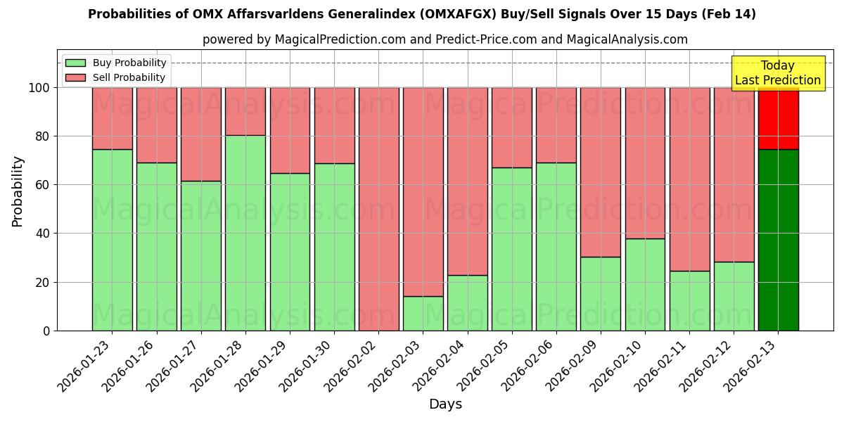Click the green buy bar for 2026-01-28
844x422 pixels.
click(245, 233)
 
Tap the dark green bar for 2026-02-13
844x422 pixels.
click(778, 240)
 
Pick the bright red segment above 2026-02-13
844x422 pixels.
click(778, 119)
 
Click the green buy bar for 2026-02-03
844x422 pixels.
click(423, 313)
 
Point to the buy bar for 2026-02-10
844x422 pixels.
click(645, 284)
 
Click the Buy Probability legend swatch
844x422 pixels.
click(75, 63)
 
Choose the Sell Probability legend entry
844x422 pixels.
click(129, 78)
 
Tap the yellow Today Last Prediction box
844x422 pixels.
click(778, 73)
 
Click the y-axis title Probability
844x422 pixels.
click(18, 191)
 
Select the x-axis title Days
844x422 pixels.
click(445, 404)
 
